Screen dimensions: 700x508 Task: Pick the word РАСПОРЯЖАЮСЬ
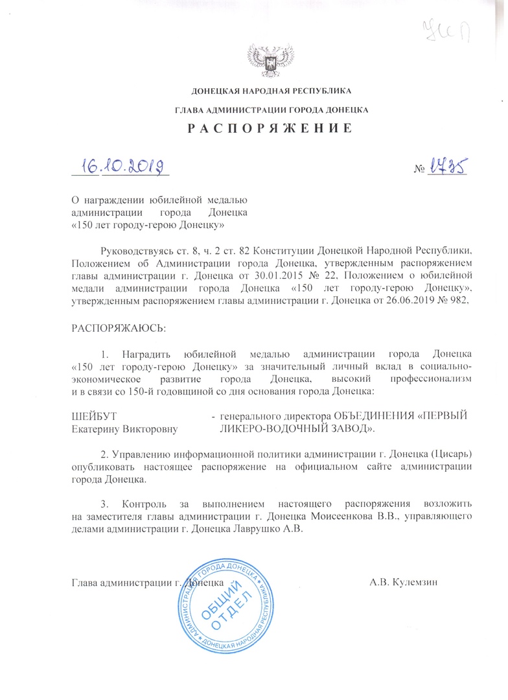click(118, 327)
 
